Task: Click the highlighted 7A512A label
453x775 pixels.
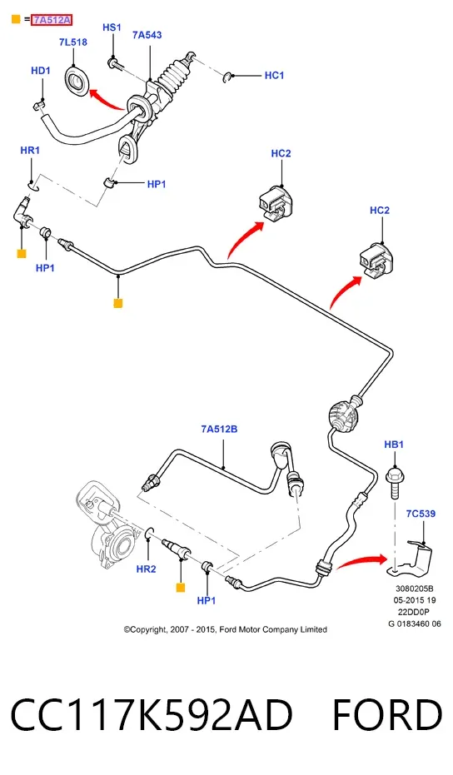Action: [52, 20]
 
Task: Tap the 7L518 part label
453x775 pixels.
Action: [73, 42]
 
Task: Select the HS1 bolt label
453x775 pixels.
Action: [112, 27]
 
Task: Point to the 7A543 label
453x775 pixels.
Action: [147, 35]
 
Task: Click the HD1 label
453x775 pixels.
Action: [41, 71]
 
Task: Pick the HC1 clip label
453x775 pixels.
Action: [275, 75]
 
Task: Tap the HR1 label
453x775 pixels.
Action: [30, 150]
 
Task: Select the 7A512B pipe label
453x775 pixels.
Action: [219, 429]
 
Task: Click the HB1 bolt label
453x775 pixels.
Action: [394, 445]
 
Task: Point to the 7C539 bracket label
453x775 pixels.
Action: [421, 514]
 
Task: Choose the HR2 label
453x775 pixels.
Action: [147, 569]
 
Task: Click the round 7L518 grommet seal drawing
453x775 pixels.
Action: [77, 81]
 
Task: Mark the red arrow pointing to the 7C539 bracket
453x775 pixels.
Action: [362, 561]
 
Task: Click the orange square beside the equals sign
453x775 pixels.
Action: [16, 20]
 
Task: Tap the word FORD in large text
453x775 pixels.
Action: [387, 715]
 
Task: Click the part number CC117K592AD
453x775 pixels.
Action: [152, 715]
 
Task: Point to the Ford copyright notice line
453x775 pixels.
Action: [226, 629]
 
